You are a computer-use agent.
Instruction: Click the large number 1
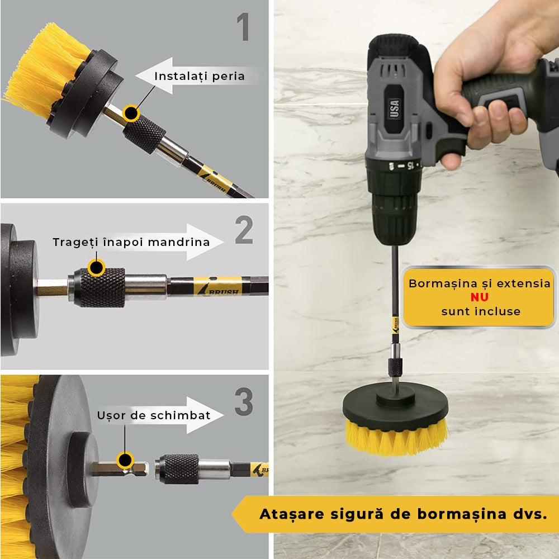coord(243,28)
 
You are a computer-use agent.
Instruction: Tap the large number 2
coord(244,230)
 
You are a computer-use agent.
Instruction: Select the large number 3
coord(244,402)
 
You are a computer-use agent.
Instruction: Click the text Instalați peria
coord(200,76)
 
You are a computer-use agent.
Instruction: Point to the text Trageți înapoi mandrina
coord(131,242)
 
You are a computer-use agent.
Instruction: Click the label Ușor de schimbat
coord(154,415)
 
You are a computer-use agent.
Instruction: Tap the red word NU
coord(479,297)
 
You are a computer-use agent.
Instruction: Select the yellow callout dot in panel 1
coord(131,113)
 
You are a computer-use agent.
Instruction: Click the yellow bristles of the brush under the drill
coord(396,437)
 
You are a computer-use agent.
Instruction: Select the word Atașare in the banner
coord(291,514)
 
